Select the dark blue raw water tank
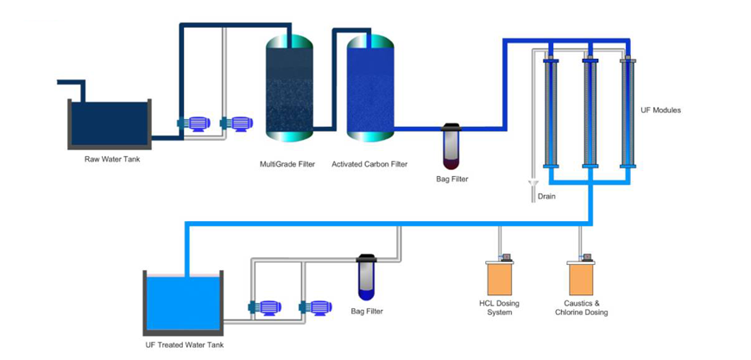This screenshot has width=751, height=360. click(110, 123)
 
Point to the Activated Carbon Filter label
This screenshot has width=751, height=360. click(369, 164)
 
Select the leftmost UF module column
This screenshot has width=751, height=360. click(550, 112)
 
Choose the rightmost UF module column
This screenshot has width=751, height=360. click(628, 112)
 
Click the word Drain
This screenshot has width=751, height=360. click(546, 197)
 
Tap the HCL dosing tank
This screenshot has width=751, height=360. click(501, 278)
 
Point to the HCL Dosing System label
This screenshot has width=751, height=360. click(501, 307)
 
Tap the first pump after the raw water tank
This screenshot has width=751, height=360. click(195, 124)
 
